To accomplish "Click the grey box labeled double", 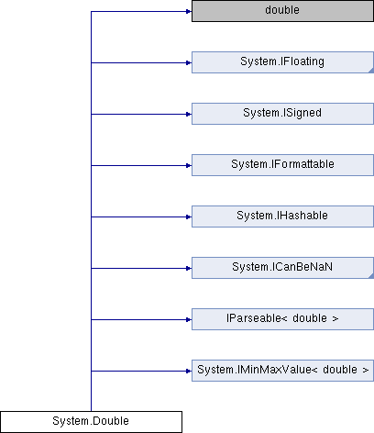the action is click(x=282, y=11).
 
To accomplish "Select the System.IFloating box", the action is click(x=282, y=62).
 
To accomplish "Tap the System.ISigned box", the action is click(x=282, y=114).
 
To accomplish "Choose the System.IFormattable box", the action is click(x=282, y=165).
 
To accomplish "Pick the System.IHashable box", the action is click(x=282, y=216).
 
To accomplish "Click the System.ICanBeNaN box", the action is click(x=282, y=268).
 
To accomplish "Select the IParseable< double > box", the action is click(x=282, y=319).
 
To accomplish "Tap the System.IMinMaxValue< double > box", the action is click(x=282, y=371).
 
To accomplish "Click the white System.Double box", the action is click(x=91, y=422).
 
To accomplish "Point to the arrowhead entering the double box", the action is click(x=189, y=12).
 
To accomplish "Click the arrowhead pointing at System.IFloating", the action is click(x=189, y=63).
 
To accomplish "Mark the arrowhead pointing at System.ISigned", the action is click(x=189, y=115).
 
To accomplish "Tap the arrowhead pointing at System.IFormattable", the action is click(x=189, y=166).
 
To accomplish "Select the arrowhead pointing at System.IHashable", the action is click(x=189, y=217).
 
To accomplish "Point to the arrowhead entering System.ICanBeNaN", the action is click(x=189, y=269).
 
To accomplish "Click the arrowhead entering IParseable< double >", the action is click(x=189, y=320).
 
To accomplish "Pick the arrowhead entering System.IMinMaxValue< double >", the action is click(x=189, y=372).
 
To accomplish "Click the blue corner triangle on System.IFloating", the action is click(x=371, y=71).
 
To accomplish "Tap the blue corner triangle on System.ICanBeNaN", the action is click(x=371, y=276).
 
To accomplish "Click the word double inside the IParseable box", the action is click(x=310, y=318).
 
